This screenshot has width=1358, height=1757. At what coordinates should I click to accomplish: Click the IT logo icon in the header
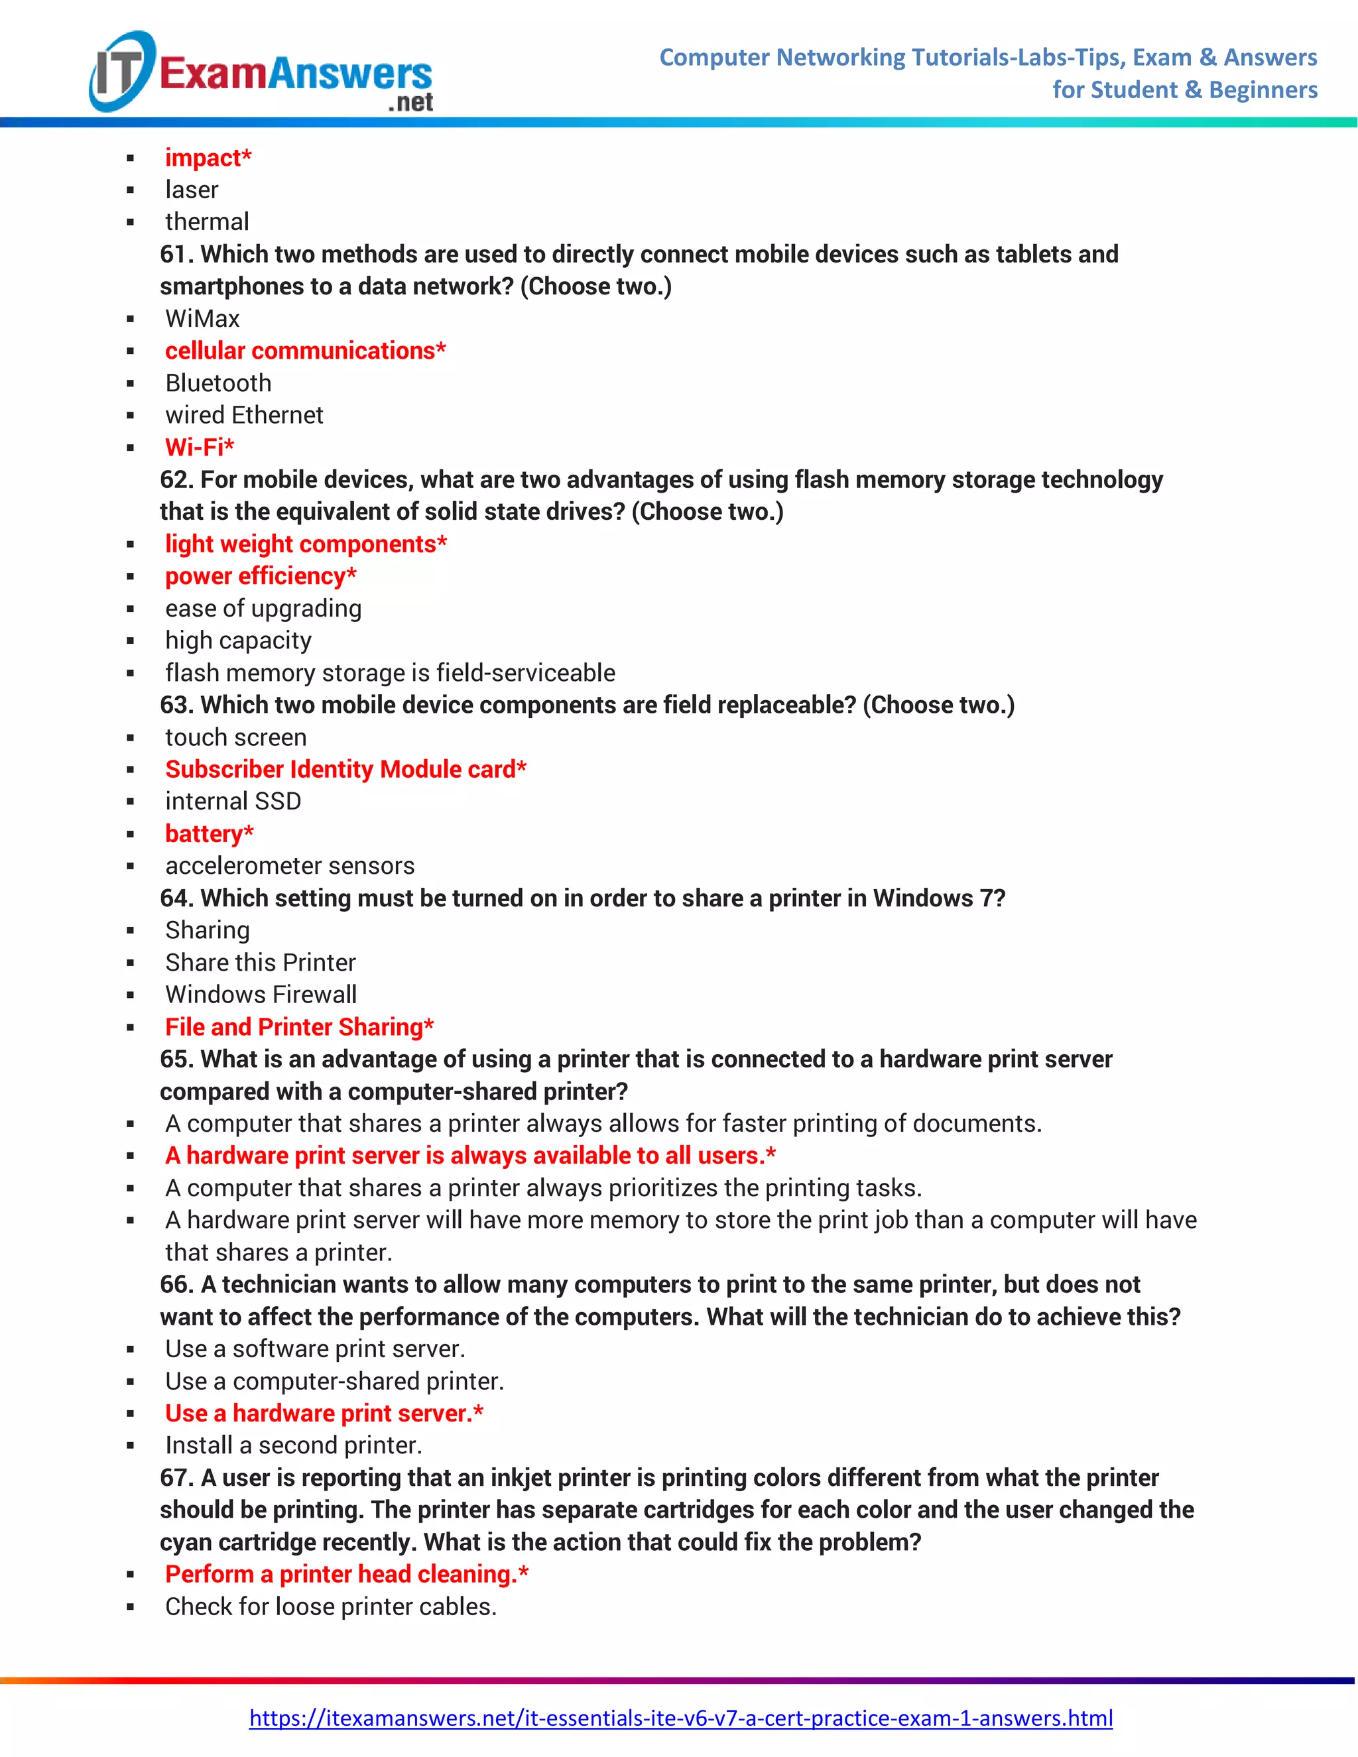click(x=121, y=71)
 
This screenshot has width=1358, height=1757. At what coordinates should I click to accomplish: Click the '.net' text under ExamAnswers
click(x=410, y=103)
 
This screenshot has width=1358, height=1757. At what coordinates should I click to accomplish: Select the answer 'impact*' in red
click(x=208, y=158)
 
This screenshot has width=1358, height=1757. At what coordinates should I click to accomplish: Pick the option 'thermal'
click(x=207, y=222)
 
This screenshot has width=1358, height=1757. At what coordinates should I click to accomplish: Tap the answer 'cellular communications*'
click(x=305, y=351)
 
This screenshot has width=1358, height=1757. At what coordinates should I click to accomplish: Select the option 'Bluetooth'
click(x=218, y=383)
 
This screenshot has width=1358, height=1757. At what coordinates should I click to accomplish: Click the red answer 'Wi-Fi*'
click(x=200, y=448)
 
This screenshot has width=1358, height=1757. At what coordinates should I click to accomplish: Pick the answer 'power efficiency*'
click(x=261, y=576)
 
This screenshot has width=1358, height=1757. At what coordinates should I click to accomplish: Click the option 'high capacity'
click(x=238, y=640)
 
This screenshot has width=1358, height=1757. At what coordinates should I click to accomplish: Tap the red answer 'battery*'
click(x=209, y=833)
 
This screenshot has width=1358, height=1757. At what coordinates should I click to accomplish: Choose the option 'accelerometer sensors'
click(x=290, y=866)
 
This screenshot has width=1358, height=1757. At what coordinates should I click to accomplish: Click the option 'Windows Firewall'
click(x=261, y=995)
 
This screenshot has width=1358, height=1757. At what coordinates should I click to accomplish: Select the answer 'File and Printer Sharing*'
click(x=299, y=1026)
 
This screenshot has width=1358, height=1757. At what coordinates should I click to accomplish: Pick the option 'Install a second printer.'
click(x=294, y=1445)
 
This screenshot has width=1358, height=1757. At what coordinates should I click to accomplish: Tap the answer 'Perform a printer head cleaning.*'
click(x=347, y=1575)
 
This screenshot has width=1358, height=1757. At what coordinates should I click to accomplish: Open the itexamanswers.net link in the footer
click(x=680, y=1719)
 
